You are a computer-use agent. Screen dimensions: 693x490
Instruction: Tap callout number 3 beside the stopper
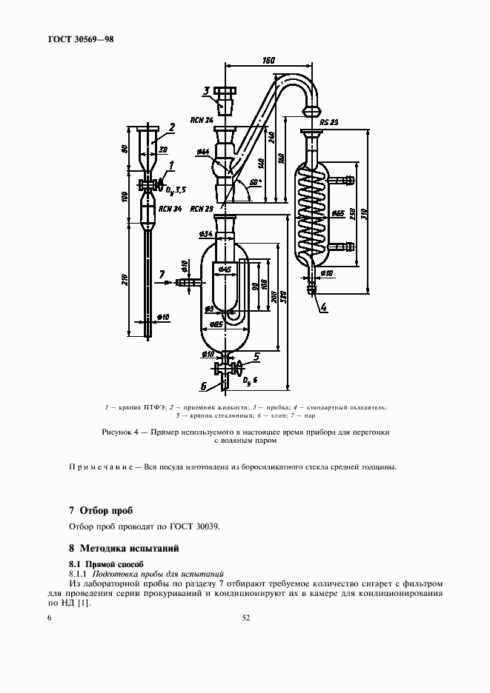(207, 91)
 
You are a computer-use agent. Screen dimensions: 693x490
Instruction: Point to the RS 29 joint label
(329, 121)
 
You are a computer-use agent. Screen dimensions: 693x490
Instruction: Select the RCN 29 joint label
(201, 209)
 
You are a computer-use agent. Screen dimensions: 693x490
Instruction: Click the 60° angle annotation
(254, 181)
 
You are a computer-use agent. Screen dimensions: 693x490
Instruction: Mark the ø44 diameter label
(202, 153)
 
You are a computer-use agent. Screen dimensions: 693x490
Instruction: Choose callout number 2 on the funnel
(172, 127)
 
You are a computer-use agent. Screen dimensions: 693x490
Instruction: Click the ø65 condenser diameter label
(337, 214)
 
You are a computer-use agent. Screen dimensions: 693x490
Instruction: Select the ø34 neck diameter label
(207, 235)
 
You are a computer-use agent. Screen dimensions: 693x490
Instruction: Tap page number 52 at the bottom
(245, 619)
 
